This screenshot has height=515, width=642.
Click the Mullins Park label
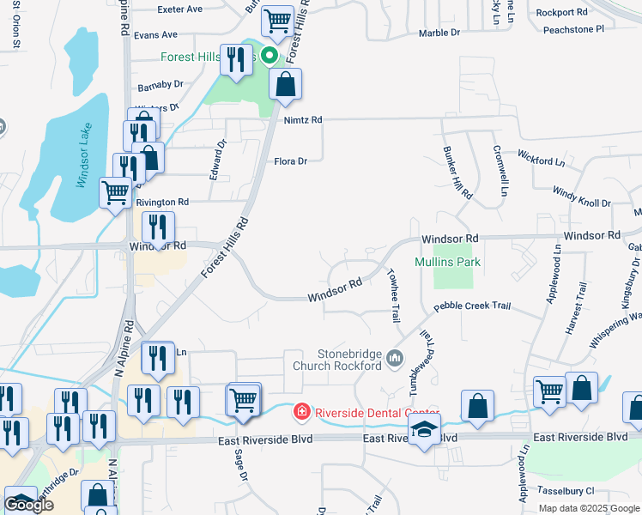point(446,262)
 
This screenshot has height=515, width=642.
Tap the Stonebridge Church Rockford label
point(336,360)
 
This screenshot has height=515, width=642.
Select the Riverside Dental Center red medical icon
point(301,413)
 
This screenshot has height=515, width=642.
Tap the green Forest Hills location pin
point(270,58)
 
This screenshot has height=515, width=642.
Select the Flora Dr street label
point(290,161)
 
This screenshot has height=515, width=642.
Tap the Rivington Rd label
point(161,202)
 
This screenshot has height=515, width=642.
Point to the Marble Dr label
point(439,33)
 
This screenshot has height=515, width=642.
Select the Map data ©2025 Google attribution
point(588,508)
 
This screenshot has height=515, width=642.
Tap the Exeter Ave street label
point(180,9)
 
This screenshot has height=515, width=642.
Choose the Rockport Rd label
point(561,13)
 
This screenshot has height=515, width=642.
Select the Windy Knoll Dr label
point(581,197)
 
